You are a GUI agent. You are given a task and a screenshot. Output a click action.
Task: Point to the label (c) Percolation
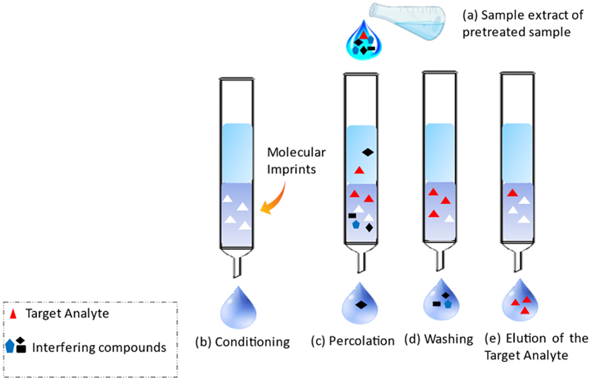pos(352,341)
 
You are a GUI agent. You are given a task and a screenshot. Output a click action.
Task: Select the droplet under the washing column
pos(442,301)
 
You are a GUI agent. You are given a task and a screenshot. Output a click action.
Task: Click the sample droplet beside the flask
pos(365,43)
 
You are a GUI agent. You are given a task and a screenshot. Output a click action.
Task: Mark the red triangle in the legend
pos(14,313)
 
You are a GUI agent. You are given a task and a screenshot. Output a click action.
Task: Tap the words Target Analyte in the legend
pos(68,313)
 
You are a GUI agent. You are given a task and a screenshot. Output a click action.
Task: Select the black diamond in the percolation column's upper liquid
pos(368,153)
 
